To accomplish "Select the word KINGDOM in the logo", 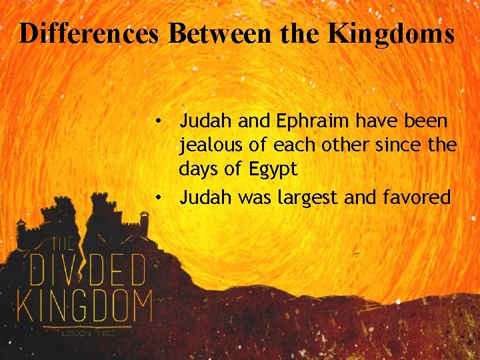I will (83, 305).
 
